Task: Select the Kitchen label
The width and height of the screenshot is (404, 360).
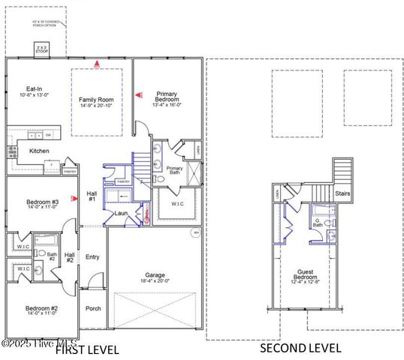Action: coord(40,151)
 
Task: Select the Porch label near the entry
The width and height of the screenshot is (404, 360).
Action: coord(93,307)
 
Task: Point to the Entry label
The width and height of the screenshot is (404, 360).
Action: coord(92,256)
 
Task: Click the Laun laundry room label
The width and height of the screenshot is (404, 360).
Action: coord(120,213)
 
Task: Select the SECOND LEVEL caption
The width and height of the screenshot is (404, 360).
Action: coord(300,348)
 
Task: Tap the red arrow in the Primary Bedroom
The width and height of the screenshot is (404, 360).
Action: coord(137,95)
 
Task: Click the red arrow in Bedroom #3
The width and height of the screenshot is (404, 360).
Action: coord(74,199)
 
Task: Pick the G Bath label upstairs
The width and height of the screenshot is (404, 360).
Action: coord(318,221)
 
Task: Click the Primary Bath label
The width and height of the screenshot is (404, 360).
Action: coord(174,170)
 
